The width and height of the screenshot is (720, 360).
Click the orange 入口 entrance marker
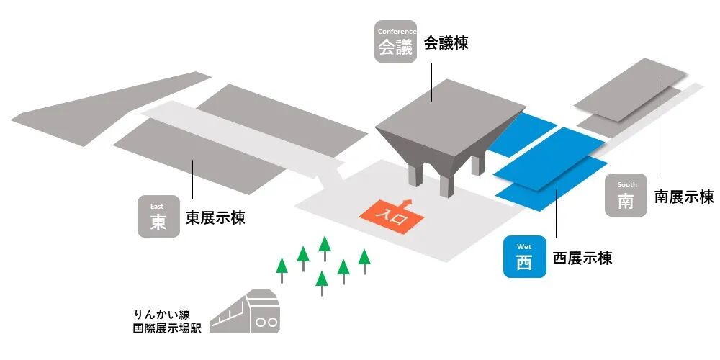pyautogui.click(x=392, y=216)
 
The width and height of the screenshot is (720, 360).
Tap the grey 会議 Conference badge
pyautogui.click(x=395, y=41)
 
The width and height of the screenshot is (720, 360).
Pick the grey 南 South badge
pyautogui.click(x=626, y=195)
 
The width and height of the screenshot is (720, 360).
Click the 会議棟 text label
pyautogui.click(x=446, y=43)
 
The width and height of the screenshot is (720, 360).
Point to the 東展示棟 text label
pyautogui.click(x=215, y=217)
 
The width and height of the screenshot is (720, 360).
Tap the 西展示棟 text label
pyautogui.click(x=582, y=258)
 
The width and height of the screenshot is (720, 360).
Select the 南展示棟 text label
pyautogui.click(x=683, y=197)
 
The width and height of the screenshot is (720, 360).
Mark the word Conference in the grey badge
pyautogui.click(x=395, y=31)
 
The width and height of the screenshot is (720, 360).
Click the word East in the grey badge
pyautogui.click(x=158, y=206)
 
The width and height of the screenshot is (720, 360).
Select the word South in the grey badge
pyautogui.click(x=626, y=185)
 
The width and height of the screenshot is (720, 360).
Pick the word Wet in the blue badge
pyautogui.click(x=523, y=247)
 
